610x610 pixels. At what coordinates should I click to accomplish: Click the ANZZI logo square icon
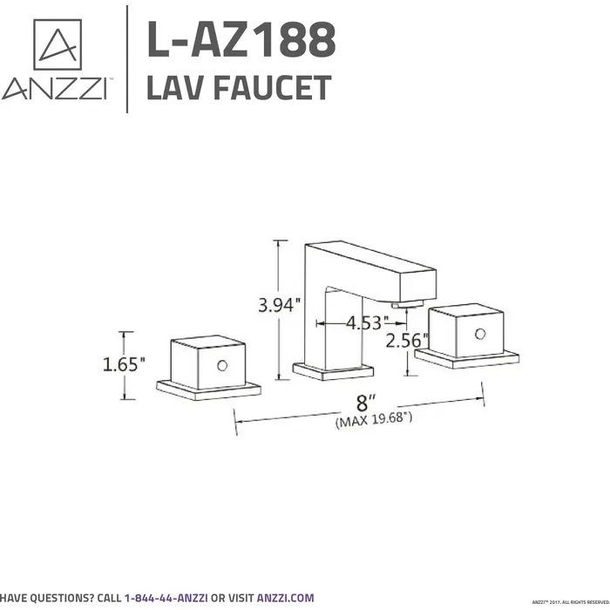coord(58,44)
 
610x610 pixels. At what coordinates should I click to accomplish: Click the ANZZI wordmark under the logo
coord(55,90)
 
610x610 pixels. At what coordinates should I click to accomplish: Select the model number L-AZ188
coord(241,40)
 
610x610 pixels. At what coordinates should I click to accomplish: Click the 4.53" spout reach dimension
coord(364,323)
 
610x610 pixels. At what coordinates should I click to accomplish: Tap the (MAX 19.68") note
coord(374,420)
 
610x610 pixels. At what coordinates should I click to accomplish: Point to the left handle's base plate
coord(208,390)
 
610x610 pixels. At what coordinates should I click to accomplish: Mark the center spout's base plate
coord(333,372)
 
